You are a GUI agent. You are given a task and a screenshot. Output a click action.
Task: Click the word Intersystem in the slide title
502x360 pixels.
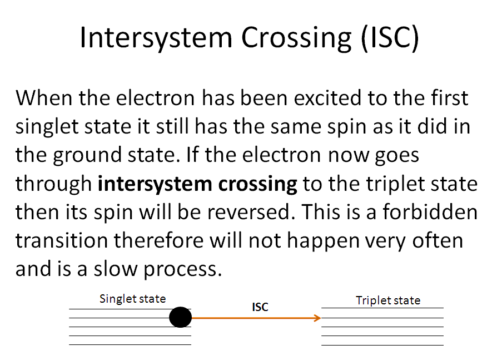pyautogui.click(x=156, y=38)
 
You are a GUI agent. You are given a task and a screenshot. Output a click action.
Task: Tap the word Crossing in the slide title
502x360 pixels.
pyautogui.click(x=296, y=38)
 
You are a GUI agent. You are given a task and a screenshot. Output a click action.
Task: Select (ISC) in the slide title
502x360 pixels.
pyautogui.click(x=390, y=38)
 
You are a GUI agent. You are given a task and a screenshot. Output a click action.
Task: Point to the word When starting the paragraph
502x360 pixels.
pyautogui.click(x=44, y=98)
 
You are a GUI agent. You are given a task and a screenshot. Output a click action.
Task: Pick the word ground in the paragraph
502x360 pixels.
pyautogui.click(x=87, y=155)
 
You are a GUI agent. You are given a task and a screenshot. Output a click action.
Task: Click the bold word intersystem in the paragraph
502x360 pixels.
pyautogui.click(x=155, y=184)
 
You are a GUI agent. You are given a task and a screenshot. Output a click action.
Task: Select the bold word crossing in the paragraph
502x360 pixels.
pyautogui.click(x=258, y=184)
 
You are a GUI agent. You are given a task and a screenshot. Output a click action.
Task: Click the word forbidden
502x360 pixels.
pyautogui.click(x=430, y=212)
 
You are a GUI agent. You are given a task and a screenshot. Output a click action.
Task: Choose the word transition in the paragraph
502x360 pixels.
pyautogui.click(x=62, y=241)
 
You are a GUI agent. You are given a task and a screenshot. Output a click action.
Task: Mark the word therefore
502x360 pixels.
pyautogui.click(x=158, y=241)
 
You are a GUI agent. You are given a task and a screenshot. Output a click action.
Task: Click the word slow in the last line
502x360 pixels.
pyautogui.click(x=115, y=269)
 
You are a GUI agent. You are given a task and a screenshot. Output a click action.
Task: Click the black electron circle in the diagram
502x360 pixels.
pyautogui.click(x=180, y=317)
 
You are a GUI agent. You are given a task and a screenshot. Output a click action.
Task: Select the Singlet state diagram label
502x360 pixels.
pyautogui.click(x=132, y=299)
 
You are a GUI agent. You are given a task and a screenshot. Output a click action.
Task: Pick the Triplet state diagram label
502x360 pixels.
pyautogui.click(x=388, y=300)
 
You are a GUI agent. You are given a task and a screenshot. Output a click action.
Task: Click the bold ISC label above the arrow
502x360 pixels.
pyautogui.click(x=260, y=307)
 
